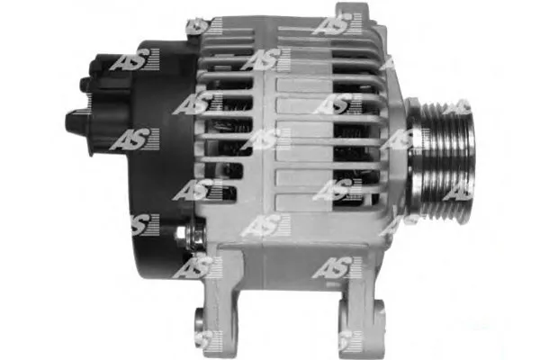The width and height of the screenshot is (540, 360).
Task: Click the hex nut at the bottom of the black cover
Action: [x=183, y=236]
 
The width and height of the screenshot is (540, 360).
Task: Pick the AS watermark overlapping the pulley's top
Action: [x=456, y=108]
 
